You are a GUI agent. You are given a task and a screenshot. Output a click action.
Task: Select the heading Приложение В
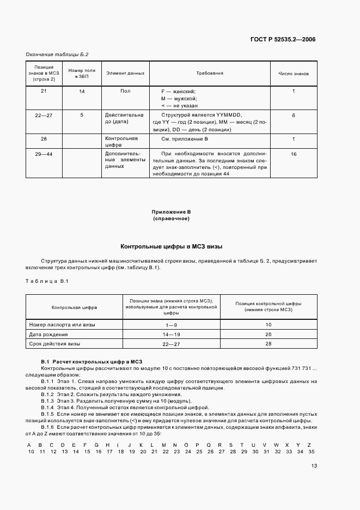click(x=170, y=211)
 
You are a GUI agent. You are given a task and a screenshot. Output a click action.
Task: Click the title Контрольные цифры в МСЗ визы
click(x=171, y=246)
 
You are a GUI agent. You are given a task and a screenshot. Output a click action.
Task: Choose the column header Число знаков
click(x=294, y=73)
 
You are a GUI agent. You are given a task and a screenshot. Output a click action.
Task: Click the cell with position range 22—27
click(x=44, y=116)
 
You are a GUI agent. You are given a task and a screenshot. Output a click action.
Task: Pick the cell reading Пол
click(x=125, y=91)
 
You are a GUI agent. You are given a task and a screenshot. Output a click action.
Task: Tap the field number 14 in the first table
click(x=82, y=91)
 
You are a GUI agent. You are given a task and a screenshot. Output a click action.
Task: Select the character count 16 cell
click(x=294, y=155)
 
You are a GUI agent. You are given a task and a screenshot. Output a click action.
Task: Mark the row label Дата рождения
click(x=48, y=334)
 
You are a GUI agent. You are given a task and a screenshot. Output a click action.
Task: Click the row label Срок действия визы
click(x=55, y=344)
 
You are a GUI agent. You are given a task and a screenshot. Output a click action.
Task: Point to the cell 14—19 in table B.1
click(x=171, y=334)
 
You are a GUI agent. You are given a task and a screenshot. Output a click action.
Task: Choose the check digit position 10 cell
click(x=268, y=324)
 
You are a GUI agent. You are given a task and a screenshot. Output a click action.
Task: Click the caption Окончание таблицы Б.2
click(x=57, y=54)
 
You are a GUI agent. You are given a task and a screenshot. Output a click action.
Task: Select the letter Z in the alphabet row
click(x=312, y=445)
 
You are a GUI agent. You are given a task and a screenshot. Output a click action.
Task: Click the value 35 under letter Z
click(x=312, y=452)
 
